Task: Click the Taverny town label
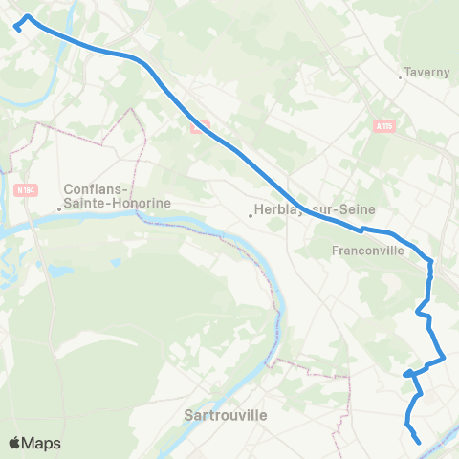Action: pyautogui.click(x=426, y=72)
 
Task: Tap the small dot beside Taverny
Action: pyautogui.click(x=401, y=77)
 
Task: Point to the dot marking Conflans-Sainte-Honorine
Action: pyautogui.click(x=59, y=208)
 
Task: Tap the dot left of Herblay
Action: pyautogui.click(x=251, y=215)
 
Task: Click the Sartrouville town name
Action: pyautogui.click(x=225, y=415)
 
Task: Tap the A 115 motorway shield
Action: pyautogui.click(x=383, y=125)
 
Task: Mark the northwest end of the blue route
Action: pyautogui.click(x=17, y=29)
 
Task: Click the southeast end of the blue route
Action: pyautogui.click(x=419, y=441)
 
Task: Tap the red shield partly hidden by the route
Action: pyautogui.click(x=199, y=126)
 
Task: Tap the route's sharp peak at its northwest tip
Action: pyautogui.click(x=27, y=17)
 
